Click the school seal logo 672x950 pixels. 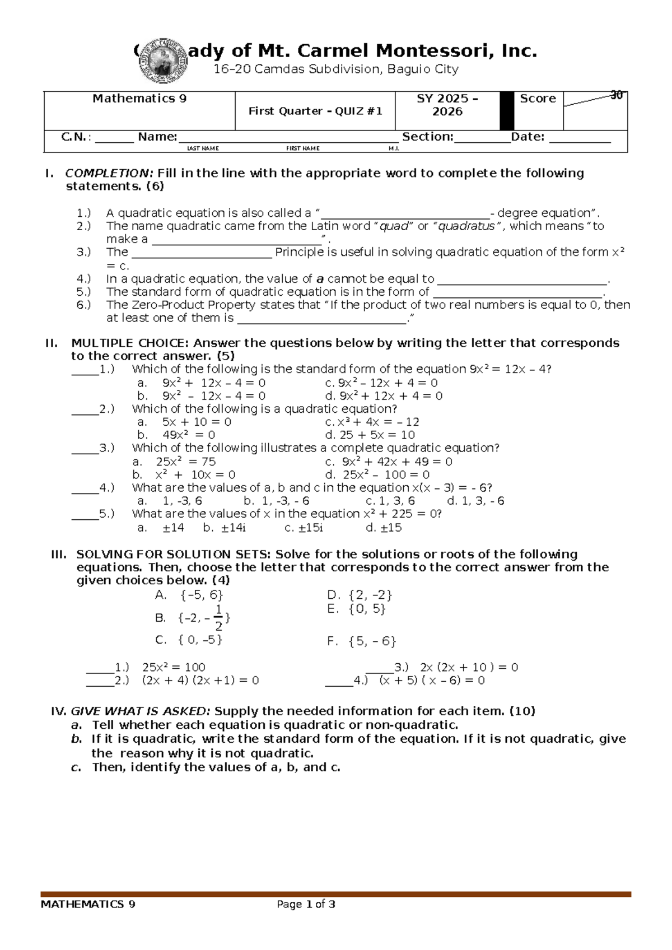[161, 60]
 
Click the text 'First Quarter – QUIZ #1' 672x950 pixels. [315, 111]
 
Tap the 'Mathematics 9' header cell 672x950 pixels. [139, 99]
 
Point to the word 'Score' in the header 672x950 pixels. [538, 99]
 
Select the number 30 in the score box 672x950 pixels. [616, 96]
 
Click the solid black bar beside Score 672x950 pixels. [507, 111]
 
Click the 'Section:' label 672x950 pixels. [428, 137]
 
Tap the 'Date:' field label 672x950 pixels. [528, 137]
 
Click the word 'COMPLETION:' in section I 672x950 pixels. [109, 173]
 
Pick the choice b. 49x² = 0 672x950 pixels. [176, 435]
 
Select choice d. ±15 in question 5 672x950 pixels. [384, 528]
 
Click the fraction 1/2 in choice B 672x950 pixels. [218, 617]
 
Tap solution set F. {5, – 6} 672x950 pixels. [362, 641]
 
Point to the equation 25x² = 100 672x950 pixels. [174, 667]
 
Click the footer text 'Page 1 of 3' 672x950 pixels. [306, 904]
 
